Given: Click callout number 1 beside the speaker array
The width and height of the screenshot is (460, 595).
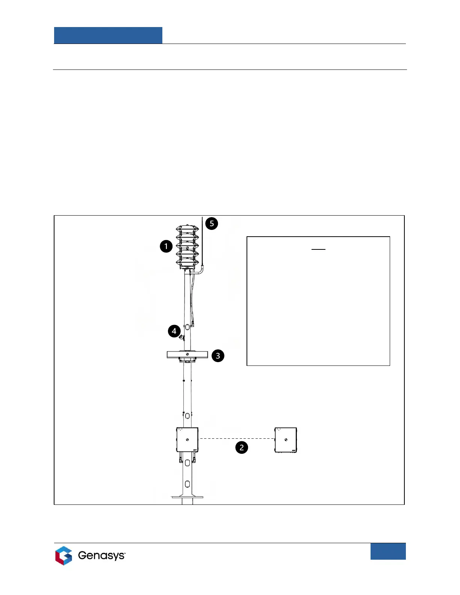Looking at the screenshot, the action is click(x=166, y=246).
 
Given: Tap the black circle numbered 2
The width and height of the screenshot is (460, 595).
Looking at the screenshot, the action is click(x=242, y=447).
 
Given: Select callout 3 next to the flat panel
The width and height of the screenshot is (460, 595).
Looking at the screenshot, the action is click(x=218, y=355).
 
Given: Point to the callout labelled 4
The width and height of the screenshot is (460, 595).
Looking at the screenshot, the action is click(x=174, y=331).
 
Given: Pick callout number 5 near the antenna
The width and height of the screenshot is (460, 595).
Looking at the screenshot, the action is click(x=212, y=224).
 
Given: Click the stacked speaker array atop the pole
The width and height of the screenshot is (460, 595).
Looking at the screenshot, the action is click(x=187, y=246).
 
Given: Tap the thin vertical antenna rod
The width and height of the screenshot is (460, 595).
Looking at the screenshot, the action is click(x=203, y=240).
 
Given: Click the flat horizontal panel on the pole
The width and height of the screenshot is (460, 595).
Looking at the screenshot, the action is click(x=187, y=354).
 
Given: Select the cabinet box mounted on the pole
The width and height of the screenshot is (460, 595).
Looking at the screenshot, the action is click(x=187, y=439).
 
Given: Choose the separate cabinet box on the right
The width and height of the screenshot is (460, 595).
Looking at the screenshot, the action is click(x=286, y=440).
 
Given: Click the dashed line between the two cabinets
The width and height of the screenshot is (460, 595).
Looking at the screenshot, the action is click(x=237, y=438).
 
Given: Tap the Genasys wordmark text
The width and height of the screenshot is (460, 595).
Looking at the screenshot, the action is click(x=101, y=556).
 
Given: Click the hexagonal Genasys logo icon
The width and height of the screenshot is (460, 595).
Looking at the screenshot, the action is click(x=64, y=556).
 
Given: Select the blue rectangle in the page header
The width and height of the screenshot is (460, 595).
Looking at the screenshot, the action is click(x=108, y=35).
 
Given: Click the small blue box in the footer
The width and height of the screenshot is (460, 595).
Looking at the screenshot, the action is click(x=388, y=551).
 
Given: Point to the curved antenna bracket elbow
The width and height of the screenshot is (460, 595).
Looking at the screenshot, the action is click(x=201, y=270).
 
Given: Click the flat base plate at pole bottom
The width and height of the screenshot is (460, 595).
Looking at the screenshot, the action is click(x=187, y=497).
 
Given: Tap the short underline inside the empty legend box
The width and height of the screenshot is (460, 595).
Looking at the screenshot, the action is click(x=318, y=249).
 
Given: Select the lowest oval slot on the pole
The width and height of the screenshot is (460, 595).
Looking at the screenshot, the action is click(x=187, y=484).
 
